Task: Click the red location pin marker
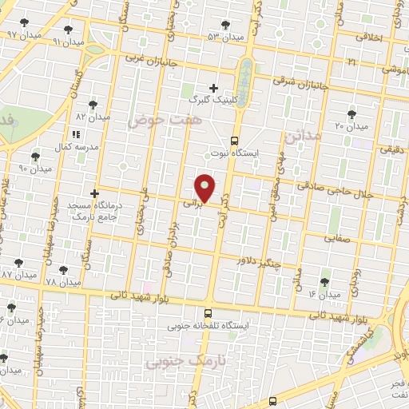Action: pyautogui.click(x=206, y=187)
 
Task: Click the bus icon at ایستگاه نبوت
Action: pyautogui.click(x=236, y=138)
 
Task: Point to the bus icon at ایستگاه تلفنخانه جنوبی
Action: pyautogui.click(x=208, y=313)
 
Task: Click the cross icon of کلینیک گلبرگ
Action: pyautogui.click(x=213, y=87)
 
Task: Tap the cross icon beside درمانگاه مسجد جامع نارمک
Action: pyautogui.click(x=95, y=193)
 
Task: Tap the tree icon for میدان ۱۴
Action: pyautogui.click(x=324, y=281)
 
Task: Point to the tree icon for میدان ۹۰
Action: pyautogui.click(x=34, y=156)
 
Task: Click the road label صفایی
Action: pyautogui.click(x=336, y=237)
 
